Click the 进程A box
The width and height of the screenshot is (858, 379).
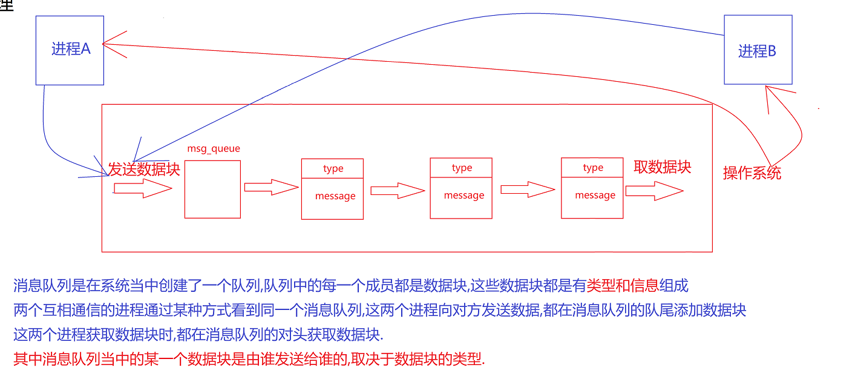70,50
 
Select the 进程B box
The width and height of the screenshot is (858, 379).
758,51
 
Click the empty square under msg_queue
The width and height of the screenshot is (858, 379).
212,189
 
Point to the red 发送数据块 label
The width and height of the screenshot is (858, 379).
144,169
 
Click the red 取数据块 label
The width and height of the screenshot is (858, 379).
662,167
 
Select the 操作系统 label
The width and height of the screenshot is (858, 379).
752,173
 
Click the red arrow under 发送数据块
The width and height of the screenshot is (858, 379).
143,189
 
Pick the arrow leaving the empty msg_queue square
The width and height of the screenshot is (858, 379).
271,187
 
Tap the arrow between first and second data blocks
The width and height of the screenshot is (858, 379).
397,191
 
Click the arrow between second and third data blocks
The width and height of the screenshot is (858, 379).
528,190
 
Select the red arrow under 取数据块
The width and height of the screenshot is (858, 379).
654,191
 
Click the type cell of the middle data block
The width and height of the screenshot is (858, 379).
462,168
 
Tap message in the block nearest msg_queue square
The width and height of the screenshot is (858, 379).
335,196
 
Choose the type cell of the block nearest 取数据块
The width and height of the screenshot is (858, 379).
592,168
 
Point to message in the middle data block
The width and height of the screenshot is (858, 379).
463,196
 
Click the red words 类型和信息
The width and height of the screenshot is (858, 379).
622,285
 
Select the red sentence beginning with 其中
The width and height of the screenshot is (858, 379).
249,359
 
